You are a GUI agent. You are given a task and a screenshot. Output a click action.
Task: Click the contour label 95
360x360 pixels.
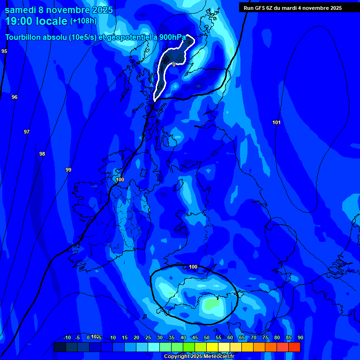click(4, 51)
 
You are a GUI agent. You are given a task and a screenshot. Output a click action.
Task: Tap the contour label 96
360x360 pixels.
click(15, 97)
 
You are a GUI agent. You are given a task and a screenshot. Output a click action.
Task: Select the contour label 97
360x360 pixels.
click(27, 132)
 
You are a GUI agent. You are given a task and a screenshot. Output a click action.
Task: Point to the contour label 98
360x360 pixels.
click(42, 154)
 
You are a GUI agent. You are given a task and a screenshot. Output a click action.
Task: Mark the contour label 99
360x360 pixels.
click(68, 170)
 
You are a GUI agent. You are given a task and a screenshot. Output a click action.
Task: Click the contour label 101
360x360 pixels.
click(277, 122)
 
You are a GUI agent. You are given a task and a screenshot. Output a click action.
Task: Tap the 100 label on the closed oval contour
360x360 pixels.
click(193, 267)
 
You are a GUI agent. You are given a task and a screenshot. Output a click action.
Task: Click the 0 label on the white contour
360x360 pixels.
click(174, 65)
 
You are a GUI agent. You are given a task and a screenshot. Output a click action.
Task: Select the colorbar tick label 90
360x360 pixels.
click(300, 337)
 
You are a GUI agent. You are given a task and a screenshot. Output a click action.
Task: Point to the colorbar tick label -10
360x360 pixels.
click(67, 337)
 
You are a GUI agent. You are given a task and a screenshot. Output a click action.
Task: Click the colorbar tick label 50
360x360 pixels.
click(207, 337)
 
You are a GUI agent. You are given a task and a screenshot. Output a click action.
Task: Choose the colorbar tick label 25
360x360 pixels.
click(148, 337)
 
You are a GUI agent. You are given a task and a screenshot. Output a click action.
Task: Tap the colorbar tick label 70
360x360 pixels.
click(254, 337)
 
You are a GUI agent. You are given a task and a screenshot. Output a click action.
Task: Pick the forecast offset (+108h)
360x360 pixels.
click(83, 21)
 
